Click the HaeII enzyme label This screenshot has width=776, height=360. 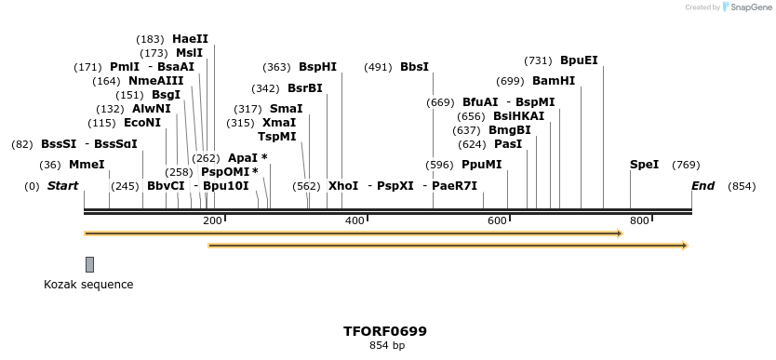pos(190,39)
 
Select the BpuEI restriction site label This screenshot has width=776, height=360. pos(579,60)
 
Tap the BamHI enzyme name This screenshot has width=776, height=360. pos(554,81)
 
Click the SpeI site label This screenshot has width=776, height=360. pos(644,165)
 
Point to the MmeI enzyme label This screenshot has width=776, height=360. pos(87,165)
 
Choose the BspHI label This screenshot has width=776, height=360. pos(317,67)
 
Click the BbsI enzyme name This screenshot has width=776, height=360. pos(414,67)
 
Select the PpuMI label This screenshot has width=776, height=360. pos(481,165)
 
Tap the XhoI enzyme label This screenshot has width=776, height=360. pos(343,186)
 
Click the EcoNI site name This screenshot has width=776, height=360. pos(142,123)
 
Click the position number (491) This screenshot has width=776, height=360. pos(378,67)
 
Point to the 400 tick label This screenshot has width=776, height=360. pos(355,220)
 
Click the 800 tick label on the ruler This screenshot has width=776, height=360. pos(639,220)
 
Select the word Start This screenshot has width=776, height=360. pos(62,186)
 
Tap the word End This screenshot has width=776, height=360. pos(702,186)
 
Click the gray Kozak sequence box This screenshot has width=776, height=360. pos(89,264)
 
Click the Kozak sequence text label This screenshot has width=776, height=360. pos(88,285)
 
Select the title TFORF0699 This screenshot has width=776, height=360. pos(385,331)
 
